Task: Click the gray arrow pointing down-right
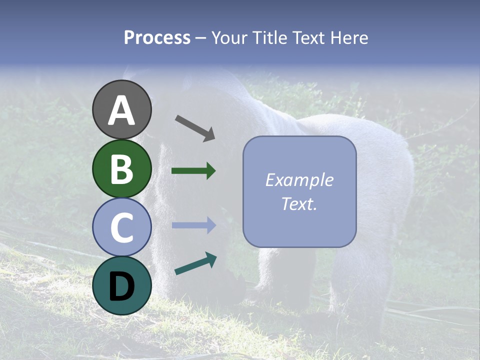pyautogui.click(x=195, y=128)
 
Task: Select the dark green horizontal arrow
pyautogui.click(x=193, y=171)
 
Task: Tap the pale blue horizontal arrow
pyautogui.click(x=193, y=225)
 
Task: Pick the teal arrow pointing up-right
pyautogui.click(x=195, y=263)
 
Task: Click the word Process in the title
pyautogui.click(x=157, y=37)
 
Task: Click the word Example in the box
pyautogui.click(x=299, y=180)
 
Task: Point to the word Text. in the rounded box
pyautogui.click(x=299, y=203)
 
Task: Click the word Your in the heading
pyautogui.click(x=229, y=37)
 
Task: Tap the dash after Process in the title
pyautogui.click(x=201, y=38)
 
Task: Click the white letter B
pyautogui.click(x=122, y=169)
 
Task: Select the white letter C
pyautogui.click(x=122, y=227)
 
